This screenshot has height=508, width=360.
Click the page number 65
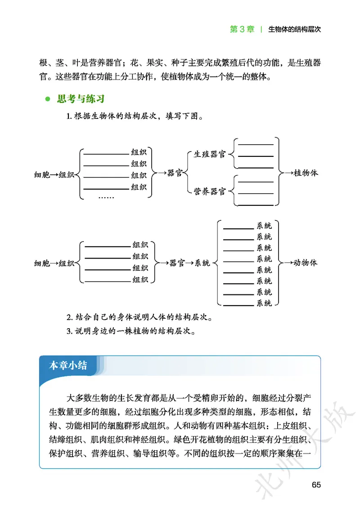315,485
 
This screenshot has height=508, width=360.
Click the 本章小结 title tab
68,365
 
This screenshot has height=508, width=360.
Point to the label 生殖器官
209,155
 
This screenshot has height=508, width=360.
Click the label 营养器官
209,192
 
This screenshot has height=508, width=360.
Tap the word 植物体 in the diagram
306,173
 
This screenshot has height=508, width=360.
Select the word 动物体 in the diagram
306,263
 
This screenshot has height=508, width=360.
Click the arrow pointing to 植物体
287,173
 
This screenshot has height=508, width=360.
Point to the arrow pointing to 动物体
286,263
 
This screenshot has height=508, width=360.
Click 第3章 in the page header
242,29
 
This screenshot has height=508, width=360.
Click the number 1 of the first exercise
68,117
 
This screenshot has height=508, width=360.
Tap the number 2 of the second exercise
68,318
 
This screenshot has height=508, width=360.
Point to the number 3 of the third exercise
68,332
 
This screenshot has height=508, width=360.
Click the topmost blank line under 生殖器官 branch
256,145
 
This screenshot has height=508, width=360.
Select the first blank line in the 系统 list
238,228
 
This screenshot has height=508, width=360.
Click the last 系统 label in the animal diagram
264,303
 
